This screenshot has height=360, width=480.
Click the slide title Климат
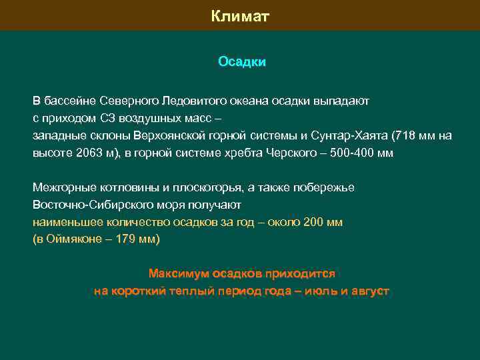pos(240,16)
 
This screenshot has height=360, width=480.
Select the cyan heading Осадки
pos(241,62)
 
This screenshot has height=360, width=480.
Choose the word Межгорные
pos(61,187)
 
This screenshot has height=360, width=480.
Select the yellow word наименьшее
pos(64,222)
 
